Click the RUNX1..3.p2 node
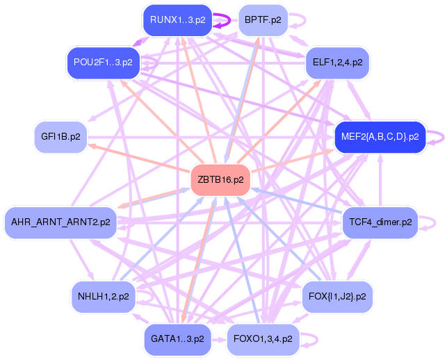pos(177,19)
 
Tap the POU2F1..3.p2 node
pos(103,62)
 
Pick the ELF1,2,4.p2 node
pos(337,62)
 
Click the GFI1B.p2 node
pos(60,136)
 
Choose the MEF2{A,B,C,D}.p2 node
pos(380,136)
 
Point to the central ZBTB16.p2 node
pos(220,179)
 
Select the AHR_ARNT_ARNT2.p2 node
pos(60,222)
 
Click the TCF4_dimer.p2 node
pos(380,222)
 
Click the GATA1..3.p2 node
pos(177,339)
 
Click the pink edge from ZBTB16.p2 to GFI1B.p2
pos(138,157)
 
